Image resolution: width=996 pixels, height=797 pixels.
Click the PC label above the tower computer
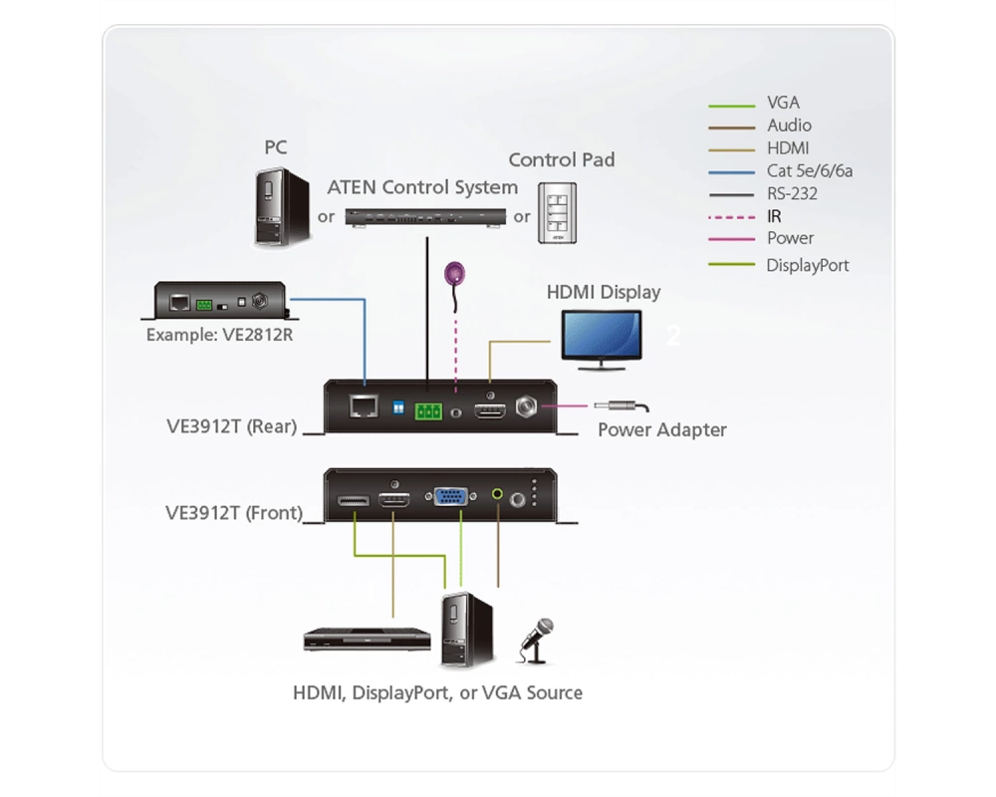pos(276,147)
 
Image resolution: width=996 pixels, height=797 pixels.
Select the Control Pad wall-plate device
pos(557,213)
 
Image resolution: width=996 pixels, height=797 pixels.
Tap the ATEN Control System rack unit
pos(425,217)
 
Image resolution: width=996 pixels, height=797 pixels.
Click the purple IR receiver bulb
pos(455,273)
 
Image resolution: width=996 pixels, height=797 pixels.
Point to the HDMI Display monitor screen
pos(601,335)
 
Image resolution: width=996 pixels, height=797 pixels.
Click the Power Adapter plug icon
pos(622,405)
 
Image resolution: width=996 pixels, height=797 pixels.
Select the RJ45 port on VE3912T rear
pos(364,406)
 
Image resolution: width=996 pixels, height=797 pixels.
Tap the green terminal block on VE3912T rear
pos(428,411)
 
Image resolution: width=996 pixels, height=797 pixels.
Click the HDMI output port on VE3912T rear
pos(490,411)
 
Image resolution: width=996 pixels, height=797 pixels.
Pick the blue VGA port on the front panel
pos(451,496)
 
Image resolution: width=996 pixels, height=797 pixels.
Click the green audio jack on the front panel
pos(497,493)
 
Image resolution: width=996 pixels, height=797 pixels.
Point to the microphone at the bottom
pos(536,641)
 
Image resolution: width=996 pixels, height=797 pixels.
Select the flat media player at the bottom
pos(368,640)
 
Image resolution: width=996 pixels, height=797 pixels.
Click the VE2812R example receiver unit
pos(220,301)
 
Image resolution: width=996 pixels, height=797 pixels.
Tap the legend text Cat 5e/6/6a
pos(809,171)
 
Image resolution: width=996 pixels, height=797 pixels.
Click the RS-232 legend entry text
pos(792,194)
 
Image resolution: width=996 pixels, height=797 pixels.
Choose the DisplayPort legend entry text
pos(808,266)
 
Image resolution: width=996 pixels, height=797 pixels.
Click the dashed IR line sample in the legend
pos(732,217)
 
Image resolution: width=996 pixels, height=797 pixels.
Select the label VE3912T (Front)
pos(234,513)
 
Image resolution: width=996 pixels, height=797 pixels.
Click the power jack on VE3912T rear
pos(525,406)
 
